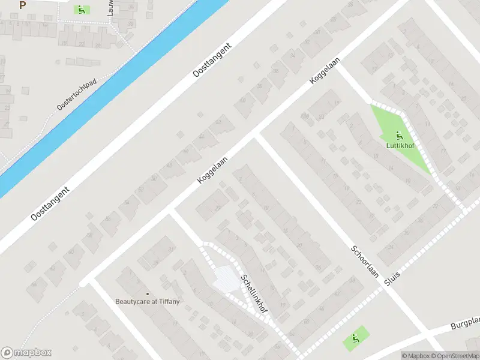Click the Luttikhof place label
398,145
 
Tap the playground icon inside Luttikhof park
398,135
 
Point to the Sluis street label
393,277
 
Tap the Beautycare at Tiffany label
148,301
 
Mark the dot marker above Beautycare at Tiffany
148,293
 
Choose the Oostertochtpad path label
77,95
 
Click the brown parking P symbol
22,5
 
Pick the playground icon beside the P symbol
80,10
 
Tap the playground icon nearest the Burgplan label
356,339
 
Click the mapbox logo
26,353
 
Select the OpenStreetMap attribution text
457,356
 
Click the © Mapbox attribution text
416,356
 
